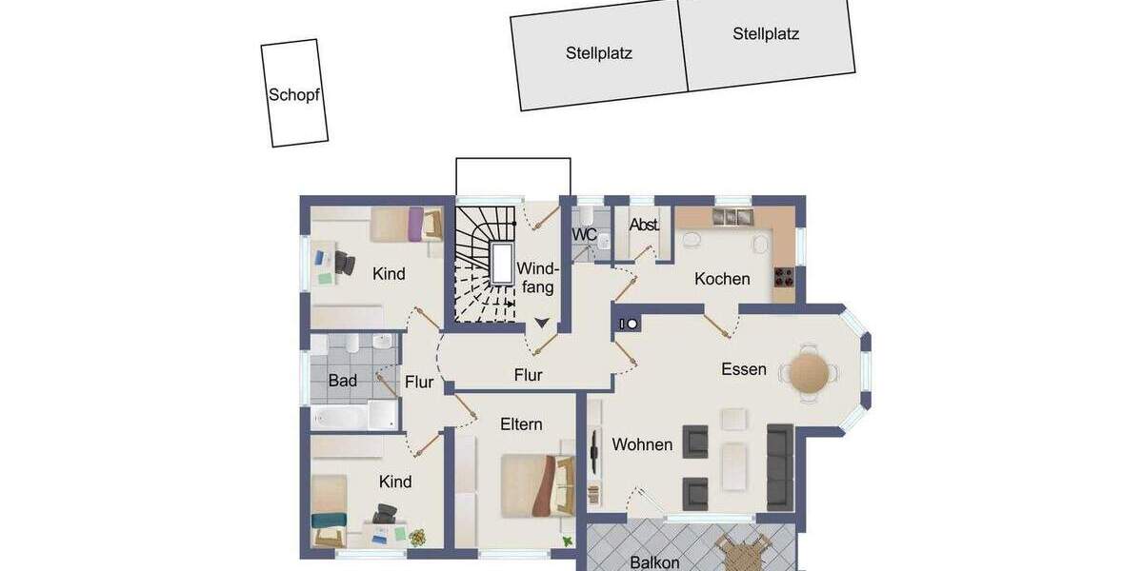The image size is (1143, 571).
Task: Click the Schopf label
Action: (293, 95)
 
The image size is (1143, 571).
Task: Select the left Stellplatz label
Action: (598, 53)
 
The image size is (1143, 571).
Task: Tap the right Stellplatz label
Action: (766, 34)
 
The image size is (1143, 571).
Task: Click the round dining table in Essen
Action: (809, 372)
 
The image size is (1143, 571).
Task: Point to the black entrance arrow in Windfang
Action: (542, 324)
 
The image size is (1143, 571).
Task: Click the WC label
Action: (584, 234)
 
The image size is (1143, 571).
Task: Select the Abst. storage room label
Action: (645, 226)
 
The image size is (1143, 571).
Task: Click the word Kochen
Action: (722, 279)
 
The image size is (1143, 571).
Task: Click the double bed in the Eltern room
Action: (536, 484)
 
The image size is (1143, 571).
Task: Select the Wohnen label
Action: (642, 444)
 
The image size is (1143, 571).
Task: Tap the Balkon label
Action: (654, 562)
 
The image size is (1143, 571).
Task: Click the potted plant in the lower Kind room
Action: (417, 537)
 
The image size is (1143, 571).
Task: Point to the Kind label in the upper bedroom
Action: (389, 274)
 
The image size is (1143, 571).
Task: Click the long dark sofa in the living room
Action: (780, 466)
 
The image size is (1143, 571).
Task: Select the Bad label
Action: (343, 382)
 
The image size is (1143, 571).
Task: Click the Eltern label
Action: (521, 424)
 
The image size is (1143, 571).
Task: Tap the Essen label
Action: (743, 369)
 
